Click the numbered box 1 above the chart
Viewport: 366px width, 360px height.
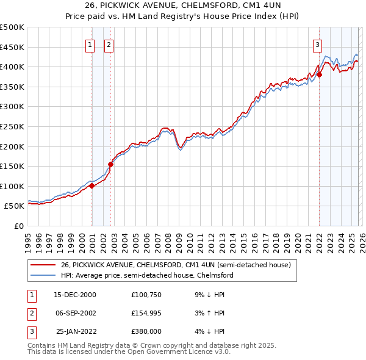[90, 43]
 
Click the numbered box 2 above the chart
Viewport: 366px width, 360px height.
[108, 43]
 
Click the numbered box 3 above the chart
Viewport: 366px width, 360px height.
[317, 43]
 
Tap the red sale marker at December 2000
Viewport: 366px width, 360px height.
[91, 186]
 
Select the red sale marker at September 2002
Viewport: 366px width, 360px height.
[110, 164]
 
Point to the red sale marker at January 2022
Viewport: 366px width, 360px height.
[319, 75]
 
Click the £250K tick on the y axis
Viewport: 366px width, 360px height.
[12, 126]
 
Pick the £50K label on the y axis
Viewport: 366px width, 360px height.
[14, 206]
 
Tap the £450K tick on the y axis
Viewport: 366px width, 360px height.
[12, 47]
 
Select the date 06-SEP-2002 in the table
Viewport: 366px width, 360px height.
[74, 313]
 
